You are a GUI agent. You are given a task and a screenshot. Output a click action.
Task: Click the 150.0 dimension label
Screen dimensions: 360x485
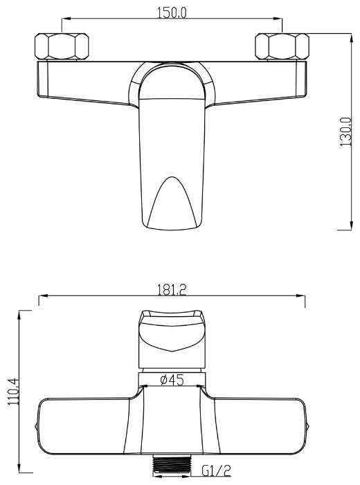pos(172,12)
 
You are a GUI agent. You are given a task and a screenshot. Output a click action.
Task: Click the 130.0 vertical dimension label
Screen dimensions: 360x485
pos(345,131)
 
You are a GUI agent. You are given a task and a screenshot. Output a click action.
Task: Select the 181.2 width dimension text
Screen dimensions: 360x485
pos(172,290)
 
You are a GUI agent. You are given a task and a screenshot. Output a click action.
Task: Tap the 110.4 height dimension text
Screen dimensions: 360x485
pos(14,392)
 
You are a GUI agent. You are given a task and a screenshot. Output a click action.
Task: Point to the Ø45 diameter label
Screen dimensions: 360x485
pos(172,380)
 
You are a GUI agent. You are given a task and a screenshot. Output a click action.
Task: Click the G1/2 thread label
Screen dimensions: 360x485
pos(217,471)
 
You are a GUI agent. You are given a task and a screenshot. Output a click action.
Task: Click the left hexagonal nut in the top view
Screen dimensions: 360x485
pos(62,46)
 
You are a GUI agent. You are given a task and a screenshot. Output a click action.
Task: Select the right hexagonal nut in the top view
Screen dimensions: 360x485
pos(282,46)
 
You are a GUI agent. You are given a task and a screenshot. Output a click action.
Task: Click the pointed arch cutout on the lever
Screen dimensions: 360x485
pos(172,201)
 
